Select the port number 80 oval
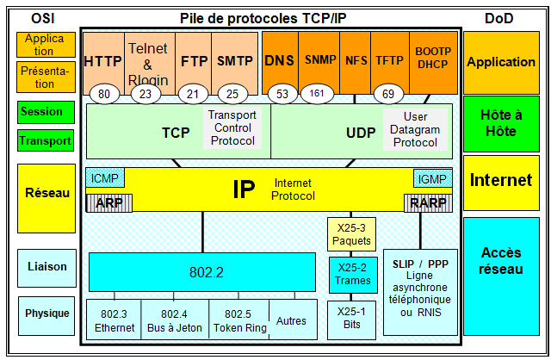(x=105, y=93)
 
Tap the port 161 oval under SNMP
(x=318, y=93)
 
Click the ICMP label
(x=105, y=178)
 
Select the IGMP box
(x=430, y=178)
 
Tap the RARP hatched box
(x=428, y=203)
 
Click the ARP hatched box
(x=105, y=203)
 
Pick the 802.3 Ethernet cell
(x=114, y=320)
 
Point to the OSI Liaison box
(x=46, y=267)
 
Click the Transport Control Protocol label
(x=232, y=127)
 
